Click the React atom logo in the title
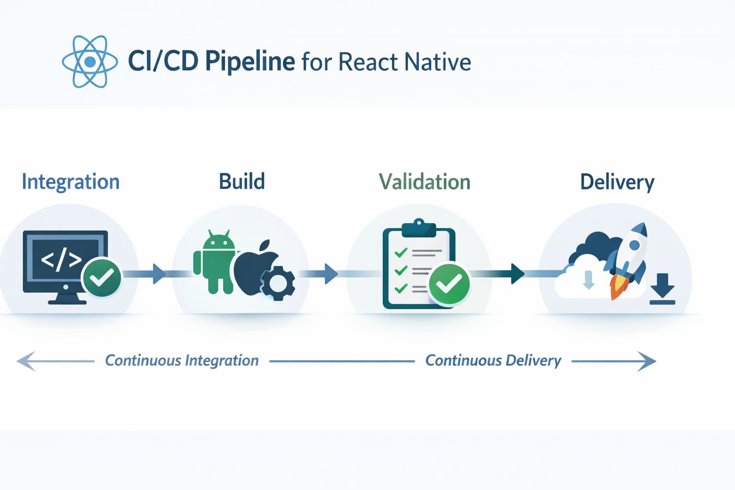tap(90, 62)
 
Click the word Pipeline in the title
tap(250, 62)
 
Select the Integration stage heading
tap(71, 182)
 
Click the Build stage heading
tap(242, 182)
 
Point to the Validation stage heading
tap(424, 182)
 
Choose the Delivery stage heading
tap(617, 182)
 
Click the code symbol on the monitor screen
tap(61, 260)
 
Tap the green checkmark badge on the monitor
tap(101, 277)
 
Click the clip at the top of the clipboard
tap(419, 228)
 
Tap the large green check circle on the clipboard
tap(449, 284)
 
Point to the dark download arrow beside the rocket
tap(663, 289)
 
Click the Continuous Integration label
tap(182, 361)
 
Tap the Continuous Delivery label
tap(493, 361)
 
